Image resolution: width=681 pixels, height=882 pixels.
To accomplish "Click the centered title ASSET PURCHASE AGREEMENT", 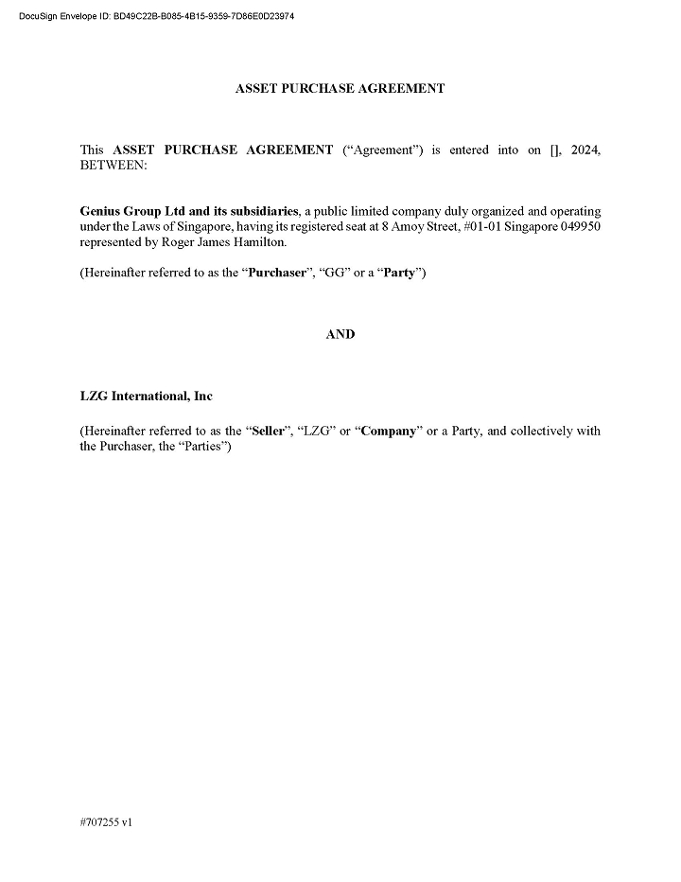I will [340, 88].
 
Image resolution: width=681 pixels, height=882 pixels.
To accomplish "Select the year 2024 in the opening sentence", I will [585, 150].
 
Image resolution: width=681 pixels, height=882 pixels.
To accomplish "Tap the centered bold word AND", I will [340, 334].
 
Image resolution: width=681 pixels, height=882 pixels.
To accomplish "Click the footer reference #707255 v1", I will [106, 823].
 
